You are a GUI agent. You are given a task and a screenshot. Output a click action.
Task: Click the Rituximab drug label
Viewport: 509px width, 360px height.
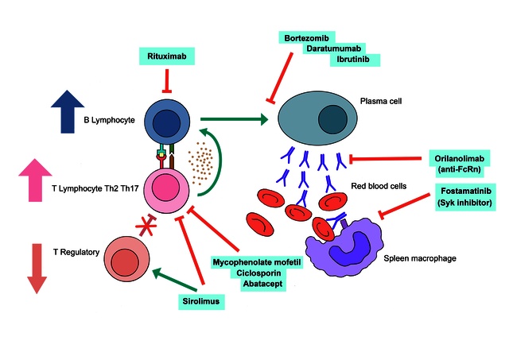pyautogui.click(x=166, y=56)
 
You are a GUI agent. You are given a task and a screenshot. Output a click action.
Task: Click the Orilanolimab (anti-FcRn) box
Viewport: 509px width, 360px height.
pyautogui.click(x=462, y=161)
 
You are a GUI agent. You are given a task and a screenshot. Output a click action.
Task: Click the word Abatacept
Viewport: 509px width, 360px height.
pyautogui.click(x=248, y=284)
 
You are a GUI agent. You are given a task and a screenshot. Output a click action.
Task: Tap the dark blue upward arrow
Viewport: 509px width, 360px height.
pyautogui.click(x=67, y=110)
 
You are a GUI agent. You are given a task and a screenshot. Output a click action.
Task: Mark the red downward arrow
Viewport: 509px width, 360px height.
pyautogui.click(x=34, y=267)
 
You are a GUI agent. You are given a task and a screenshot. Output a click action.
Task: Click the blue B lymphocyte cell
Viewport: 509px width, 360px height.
pyautogui.click(x=166, y=122)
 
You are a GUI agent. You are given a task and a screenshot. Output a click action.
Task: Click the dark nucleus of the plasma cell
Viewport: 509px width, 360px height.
pyautogui.click(x=332, y=122)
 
